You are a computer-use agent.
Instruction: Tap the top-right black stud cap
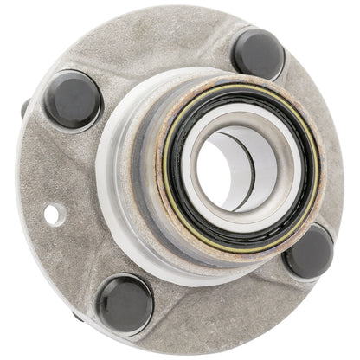click(259, 54)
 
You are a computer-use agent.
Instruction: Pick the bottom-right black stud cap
click(309, 252)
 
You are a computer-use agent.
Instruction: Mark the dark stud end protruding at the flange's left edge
click(23, 109)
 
